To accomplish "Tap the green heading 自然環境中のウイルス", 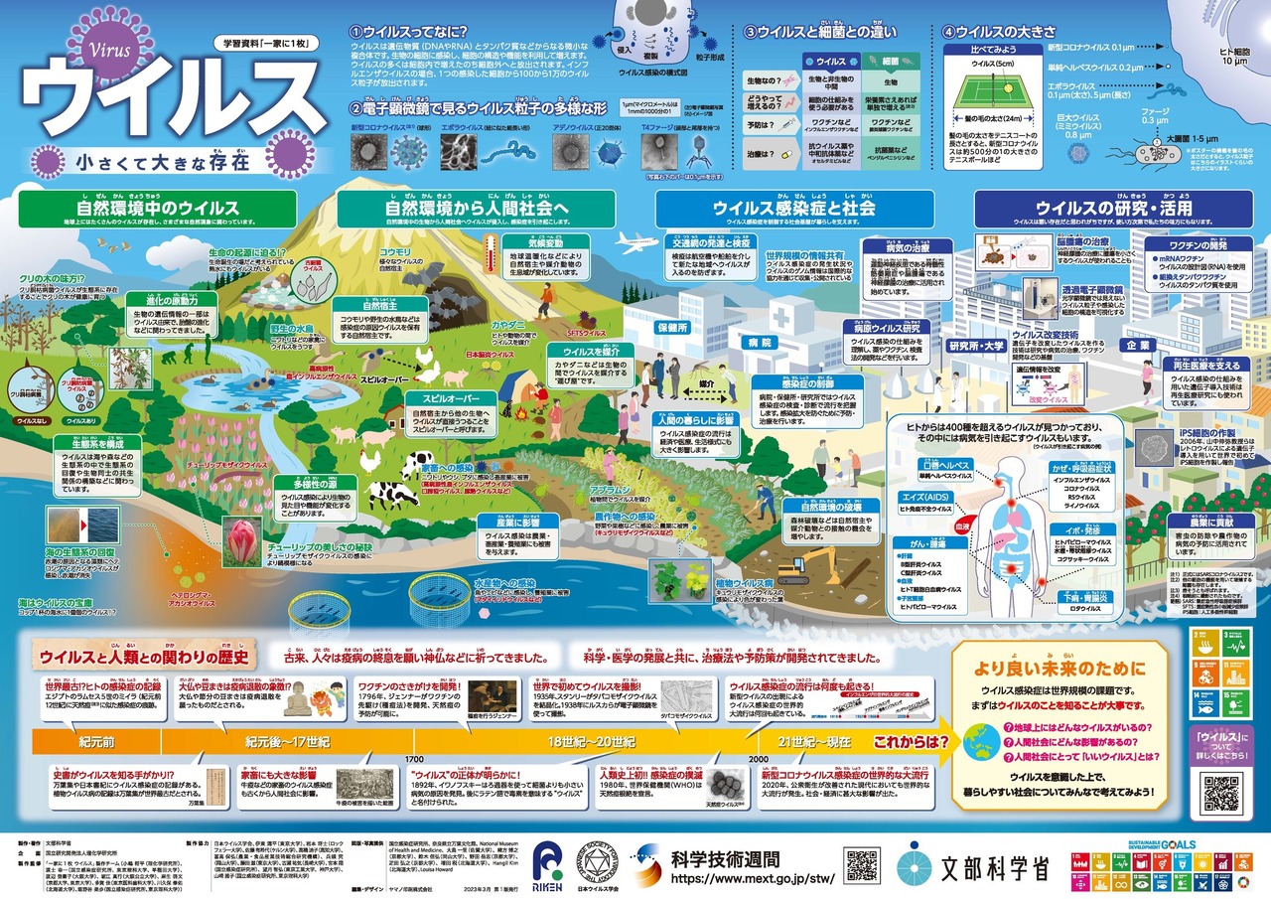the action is tap(158, 209).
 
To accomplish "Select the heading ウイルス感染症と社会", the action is tap(794, 209).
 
